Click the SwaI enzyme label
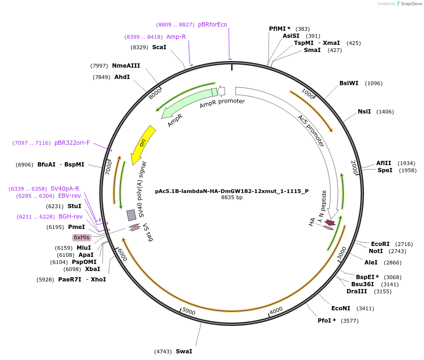pyautogui.click(x=184, y=351)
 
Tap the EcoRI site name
pyautogui.click(x=380, y=244)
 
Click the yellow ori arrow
pyautogui.click(x=142, y=145)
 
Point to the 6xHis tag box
pyautogui.click(x=81, y=237)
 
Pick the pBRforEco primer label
pyautogui.click(x=212, y=25)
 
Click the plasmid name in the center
pyautogui.click(x=232, y=191)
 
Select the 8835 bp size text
pyautogui.click(x=232, y=198)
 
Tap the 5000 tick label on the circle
pyautogui.click(x=189, y=311)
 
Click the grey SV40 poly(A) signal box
pyautogui.click(x=131, y=215)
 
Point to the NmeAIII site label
pyautogui.click(x=126, y=66)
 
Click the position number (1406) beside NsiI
pyautogui.click(x=385, y=112)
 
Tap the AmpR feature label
pyautogui.click(x=174, y=120)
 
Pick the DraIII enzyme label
pyautogui.click(x=356, y=291)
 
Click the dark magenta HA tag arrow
pyautogui.click(x=329, y=222)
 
